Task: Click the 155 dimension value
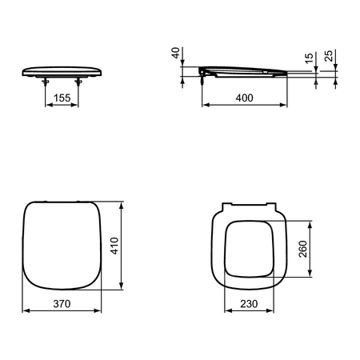pyautogui.click(x=62, y=98)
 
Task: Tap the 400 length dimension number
pyautogui.click(x=244, y=98)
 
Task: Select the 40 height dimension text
pyautogui.click(x=175, y=53)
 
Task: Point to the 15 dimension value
pyautogui.click(x=309, y=58)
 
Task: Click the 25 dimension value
pyautogui.click(x=330, y=56)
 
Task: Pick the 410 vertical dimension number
pyautogui.click(x=114, y=246)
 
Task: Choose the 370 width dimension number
pyautogui.click(x=62, y=304)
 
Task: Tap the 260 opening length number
pyautogui.click(x=303, y=249)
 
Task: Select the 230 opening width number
pyautogui.click(x=249, y=304)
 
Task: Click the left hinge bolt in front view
pyautogui.click(x=46, y=82)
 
